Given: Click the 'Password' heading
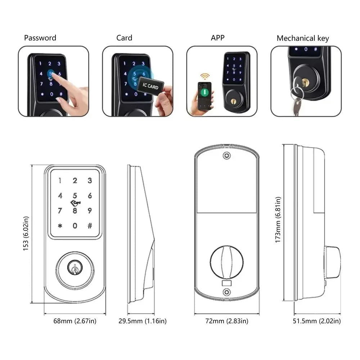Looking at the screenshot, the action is (x=40, y=38).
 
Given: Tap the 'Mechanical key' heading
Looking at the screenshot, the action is (x=303, y=39).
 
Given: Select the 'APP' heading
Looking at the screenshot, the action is (x=218, y=38).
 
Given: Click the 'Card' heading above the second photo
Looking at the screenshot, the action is (x=124, y=38).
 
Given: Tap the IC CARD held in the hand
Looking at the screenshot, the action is (x=150, y=86).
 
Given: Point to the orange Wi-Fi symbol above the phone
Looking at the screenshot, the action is (x=205, y=76).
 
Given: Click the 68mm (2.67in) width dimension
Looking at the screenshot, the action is (x=75, y=321).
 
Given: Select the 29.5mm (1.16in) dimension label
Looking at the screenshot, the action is (x=143, y=321).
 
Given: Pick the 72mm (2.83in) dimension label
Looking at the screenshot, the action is (x=227, y=321).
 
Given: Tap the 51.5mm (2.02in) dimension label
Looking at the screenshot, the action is (x=317, y=321).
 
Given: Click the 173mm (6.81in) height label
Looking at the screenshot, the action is (x=278, y=220).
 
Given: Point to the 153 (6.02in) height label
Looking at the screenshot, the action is (x=26, y=234).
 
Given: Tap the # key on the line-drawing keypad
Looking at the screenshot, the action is (x=90, y=226).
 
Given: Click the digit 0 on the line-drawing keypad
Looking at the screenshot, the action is (x=75, y=226).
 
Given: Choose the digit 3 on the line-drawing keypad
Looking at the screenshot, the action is (x=90, y=180).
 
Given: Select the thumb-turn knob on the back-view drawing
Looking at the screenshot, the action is (x=227, y=262).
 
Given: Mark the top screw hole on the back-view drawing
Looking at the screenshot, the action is (x=227, y=156).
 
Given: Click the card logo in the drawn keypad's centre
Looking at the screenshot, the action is (x=76, y=203).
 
